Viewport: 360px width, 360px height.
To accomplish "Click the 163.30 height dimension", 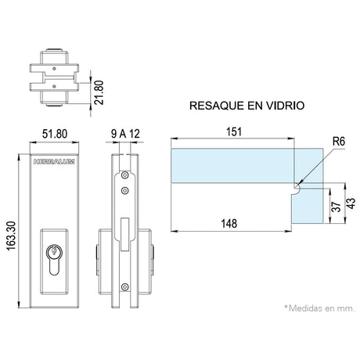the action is click(x=11, y=236).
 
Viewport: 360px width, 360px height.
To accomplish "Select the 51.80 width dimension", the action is click(x=55, y=134).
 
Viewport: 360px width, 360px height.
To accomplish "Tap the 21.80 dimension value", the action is click(x=99, y=92).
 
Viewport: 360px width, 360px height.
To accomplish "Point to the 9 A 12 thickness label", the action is click(x=125, y=134).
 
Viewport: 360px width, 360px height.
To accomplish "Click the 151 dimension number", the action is click(x=234, y=131).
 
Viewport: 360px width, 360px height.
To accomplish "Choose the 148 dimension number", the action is click(x=229, y=224).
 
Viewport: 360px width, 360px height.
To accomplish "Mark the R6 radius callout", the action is click(x=339, y=141).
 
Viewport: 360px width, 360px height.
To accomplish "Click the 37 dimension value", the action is click(x=336, y=207).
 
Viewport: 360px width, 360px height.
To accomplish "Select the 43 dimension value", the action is click(x=351, y=203).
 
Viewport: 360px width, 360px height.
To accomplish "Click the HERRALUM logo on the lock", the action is click(x=54, y=162).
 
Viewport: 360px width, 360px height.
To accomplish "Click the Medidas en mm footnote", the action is click(x=320, y=308).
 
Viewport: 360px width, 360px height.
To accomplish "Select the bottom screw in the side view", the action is click(x=125, y=287).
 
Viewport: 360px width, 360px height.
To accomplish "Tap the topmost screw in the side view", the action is click(x=125, y=175).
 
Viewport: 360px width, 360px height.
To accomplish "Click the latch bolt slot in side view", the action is click(x=125, y=234).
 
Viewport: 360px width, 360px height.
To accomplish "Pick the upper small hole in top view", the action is click(x=54, y=69).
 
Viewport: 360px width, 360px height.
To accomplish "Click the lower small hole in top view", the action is click(x=54, y=86).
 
